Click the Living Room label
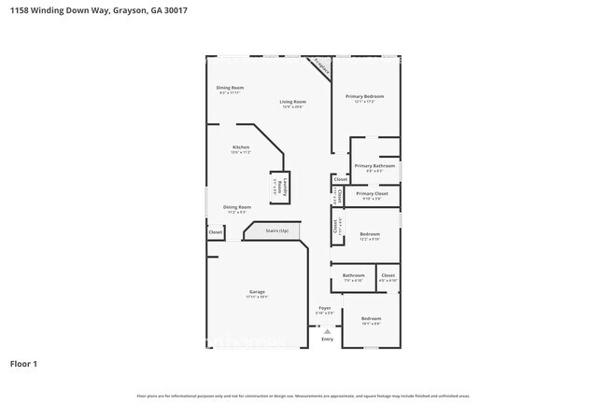point(292,102)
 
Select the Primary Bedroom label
point(365,96)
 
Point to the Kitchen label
point(241,147)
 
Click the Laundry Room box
point(276,185)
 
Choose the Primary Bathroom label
point(374,166)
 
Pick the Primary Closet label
point(372,193)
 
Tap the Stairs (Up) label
point(276,230)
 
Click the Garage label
point(257,292)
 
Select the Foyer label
point(324,307)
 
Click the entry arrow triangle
point(327,331)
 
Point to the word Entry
point(327,340)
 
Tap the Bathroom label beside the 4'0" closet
point(353,275)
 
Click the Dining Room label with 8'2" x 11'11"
point(230,88)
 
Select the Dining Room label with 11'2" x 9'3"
point(236,207)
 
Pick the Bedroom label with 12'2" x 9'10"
point(370,234)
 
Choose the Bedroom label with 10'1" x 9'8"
point(371,319)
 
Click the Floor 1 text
point(23,363)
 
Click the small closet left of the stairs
point(215,231)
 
